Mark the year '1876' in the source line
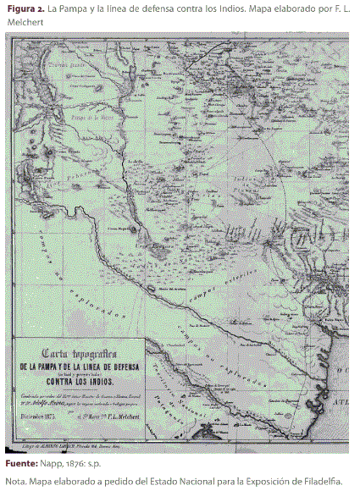tap(78, 465)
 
